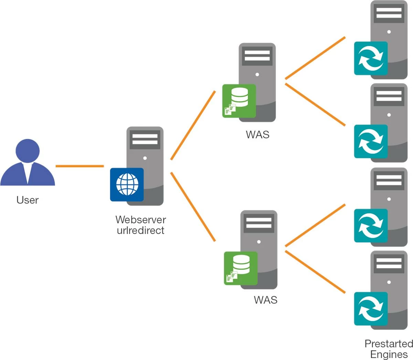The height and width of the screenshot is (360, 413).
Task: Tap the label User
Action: pos(28,200)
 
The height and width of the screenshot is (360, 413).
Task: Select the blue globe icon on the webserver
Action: pos(127,184)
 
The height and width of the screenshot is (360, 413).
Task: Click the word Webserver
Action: pos(140,220)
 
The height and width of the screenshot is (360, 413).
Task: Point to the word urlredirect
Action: pos(140,230)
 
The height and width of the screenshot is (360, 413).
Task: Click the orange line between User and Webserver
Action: pos(80,166)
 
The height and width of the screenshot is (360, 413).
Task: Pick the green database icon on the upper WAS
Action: pos(239,101)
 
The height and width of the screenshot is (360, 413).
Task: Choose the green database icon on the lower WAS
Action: pos(241,268)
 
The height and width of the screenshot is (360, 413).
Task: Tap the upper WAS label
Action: pos(257,135)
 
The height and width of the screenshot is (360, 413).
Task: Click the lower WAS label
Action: pos(265,300)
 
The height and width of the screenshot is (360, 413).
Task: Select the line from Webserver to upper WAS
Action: pos(193,125)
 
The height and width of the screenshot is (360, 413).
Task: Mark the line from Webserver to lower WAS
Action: pos(193,207)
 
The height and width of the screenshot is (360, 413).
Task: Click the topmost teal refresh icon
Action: pos(371,59)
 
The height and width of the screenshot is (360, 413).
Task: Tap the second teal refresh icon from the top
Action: pos(371,141)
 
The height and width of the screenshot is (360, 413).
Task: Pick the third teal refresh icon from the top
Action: pos(371,225)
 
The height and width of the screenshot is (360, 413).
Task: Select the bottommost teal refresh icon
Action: pos(371,309)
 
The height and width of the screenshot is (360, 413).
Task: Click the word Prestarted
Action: pos(389,343)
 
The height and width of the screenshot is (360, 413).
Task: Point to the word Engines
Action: pos(389,354)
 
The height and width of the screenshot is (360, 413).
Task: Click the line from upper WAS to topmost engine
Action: pos(315,58)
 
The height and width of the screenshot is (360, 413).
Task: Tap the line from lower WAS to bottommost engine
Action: pos(315,272)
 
